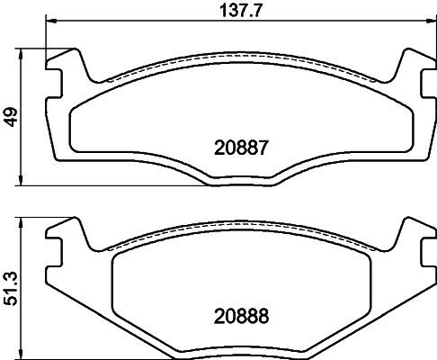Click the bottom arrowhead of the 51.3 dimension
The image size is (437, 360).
(22, 353)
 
